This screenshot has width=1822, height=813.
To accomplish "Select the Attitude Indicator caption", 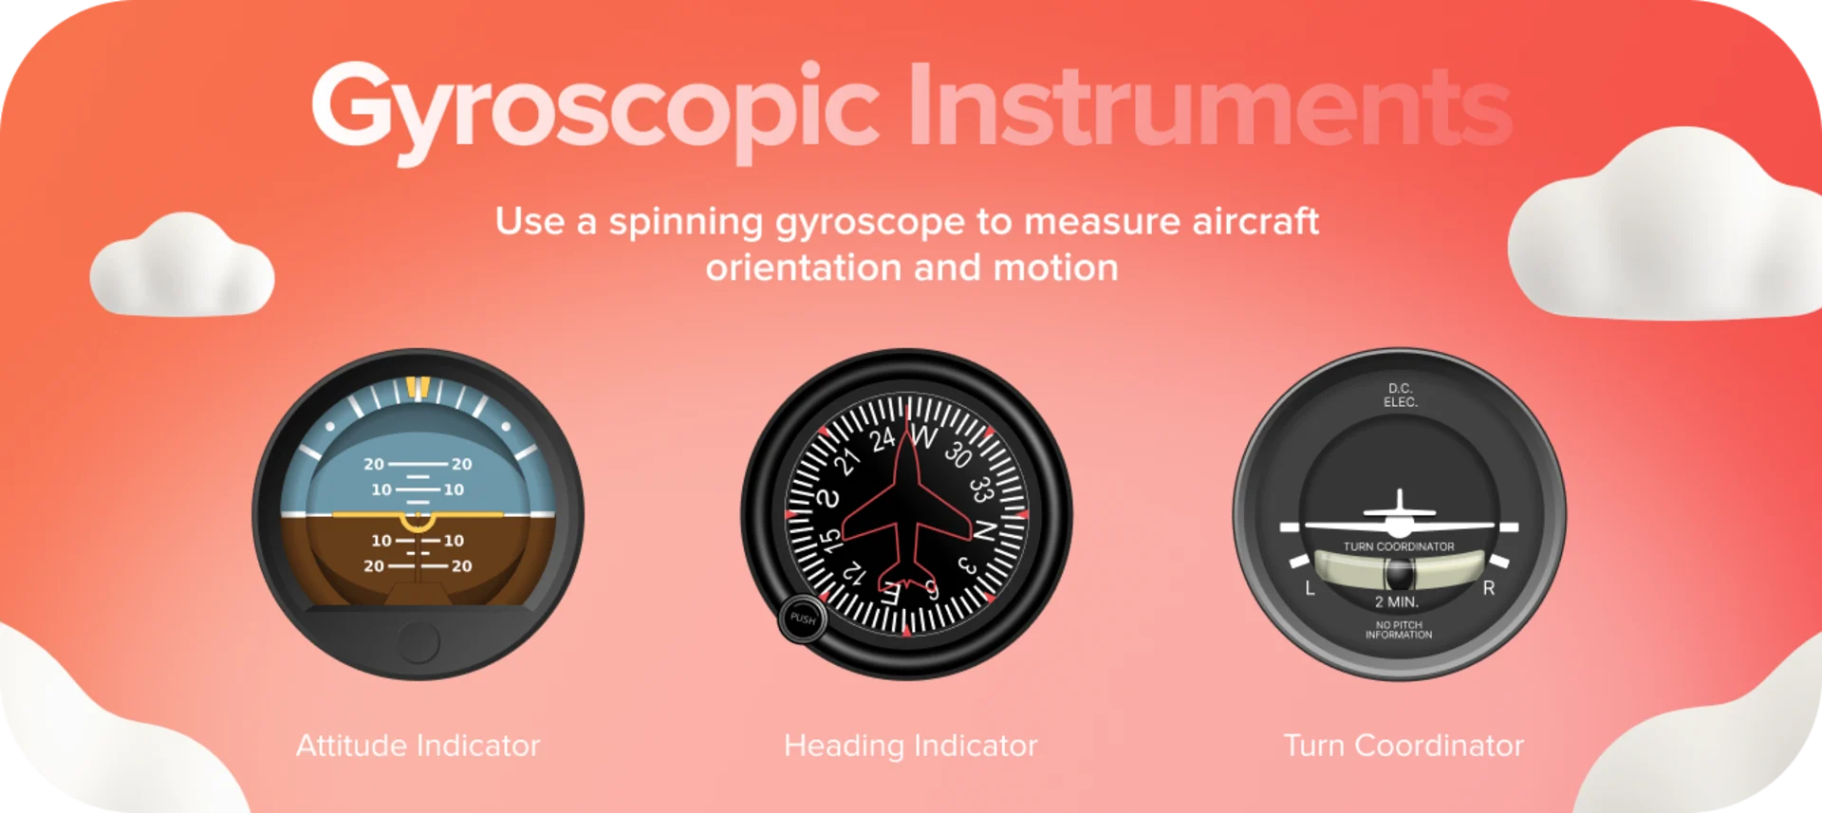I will pyautogui.click(x=418, y=746).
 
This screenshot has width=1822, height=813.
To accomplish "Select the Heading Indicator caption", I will pyautogui.click(x=910, y=746).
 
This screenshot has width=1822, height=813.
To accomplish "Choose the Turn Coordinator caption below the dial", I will pyautogui.click(x=1403, y=746).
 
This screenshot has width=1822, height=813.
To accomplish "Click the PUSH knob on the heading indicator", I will pyautogui.click(x=803, y=619).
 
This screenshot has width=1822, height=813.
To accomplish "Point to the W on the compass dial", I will pyautogui.click(x=923, y=437).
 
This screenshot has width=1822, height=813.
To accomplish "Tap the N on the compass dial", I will pyautogui.click(x=985, y=531).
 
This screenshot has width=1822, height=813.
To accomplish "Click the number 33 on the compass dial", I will pyautogui.click(x=980, y=490).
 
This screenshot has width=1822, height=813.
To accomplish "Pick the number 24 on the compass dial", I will pyautogui.click(x=883, y=439).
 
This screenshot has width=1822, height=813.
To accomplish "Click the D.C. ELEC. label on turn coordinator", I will pyautogui.click(x=1400, y=396).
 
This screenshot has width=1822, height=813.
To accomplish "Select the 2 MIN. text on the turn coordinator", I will pyautogui.click(x=1397, y=602).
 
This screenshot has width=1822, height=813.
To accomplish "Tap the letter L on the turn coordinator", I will pyautogui.click(x=1310, y=589).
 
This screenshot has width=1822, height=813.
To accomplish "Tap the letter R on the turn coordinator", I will pyautogui.click(x=1488, y=589).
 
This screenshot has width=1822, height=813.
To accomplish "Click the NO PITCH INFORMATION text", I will pyautogui.click(x=1399, y=630).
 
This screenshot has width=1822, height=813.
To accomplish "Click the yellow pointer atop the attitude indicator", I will pyautogui.click(x=418, y=387).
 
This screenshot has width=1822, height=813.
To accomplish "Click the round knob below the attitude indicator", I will pyautogui.click(x=418, y=642).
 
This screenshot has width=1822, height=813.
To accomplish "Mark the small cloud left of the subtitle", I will pyautogui.click(x=182, y=267).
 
